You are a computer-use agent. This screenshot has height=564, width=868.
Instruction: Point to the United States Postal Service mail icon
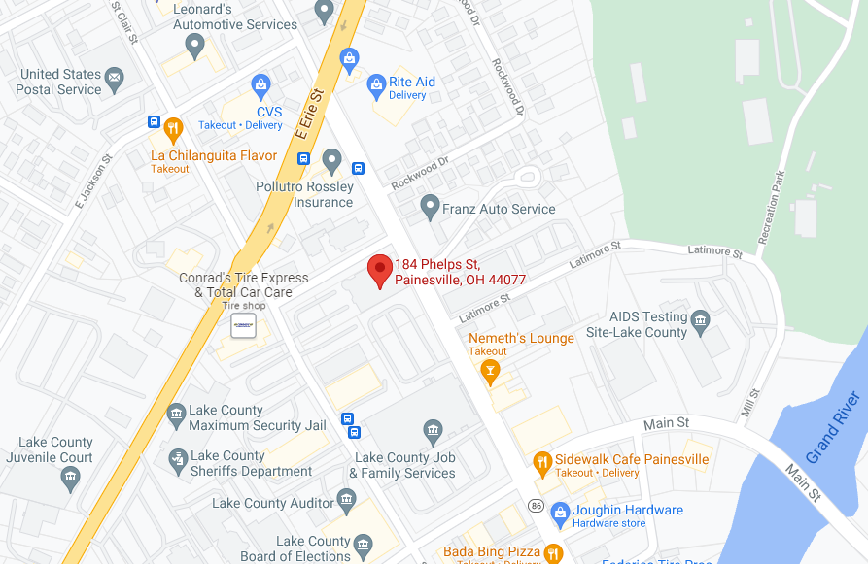(x=115, y=77)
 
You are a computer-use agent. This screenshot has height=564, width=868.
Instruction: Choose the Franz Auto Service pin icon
(x=430, y=206)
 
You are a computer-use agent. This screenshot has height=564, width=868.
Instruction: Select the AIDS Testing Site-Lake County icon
(x=702, y=318)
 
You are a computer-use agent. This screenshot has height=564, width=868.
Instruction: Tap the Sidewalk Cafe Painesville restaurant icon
(x=543, y=459)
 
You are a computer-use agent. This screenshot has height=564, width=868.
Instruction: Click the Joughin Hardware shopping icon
(x=559, y=511)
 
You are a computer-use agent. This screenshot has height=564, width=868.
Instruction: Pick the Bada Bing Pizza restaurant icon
(x=553, y=552)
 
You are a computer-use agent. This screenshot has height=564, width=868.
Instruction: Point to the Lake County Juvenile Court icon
(x=70, y=477)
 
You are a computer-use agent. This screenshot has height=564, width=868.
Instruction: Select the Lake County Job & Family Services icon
(x=434, y=430)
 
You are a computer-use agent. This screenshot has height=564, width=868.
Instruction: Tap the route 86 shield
(x=536, y=506)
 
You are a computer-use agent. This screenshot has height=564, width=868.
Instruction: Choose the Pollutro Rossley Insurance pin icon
(x=332, y=159)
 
